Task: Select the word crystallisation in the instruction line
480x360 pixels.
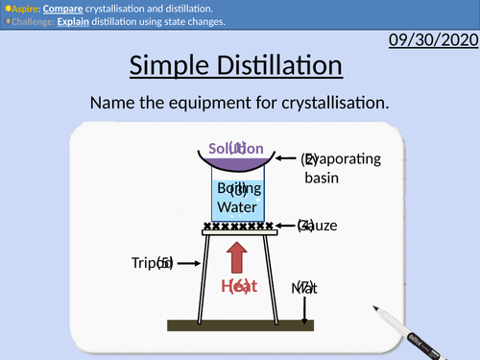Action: click(327, 102)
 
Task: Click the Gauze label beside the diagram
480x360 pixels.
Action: click(318, 227)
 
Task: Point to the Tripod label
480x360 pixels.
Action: click(151, 262)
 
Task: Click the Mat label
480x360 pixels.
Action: click(303, 287)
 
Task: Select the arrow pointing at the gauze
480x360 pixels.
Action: click(285, 227)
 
